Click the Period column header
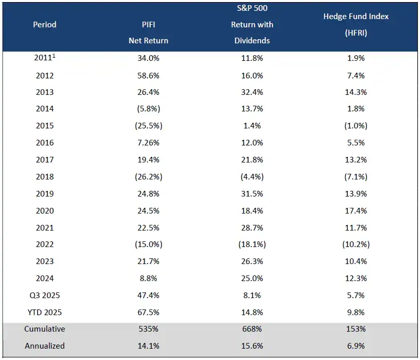point(44,24)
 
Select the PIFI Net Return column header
point(149,32)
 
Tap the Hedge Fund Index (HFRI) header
point(356,24)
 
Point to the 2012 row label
point(44,75)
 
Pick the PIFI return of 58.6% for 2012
point(149,75)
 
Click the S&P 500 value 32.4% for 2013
point(252,92)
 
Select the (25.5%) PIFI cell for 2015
point(149,126)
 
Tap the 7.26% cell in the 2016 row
point(149,143)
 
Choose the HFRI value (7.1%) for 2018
point(356,177)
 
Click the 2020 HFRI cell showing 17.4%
point(356,210)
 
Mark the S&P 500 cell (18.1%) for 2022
point(252,244)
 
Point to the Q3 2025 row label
point(44,295)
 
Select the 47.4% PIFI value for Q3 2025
point(149,295)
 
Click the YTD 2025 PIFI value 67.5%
point(149,312)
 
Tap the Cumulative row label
point(44,329)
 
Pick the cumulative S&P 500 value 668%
point(252,329)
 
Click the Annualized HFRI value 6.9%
point(356,346)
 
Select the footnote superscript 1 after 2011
point(54,56)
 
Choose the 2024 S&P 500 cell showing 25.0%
point(252,279)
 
